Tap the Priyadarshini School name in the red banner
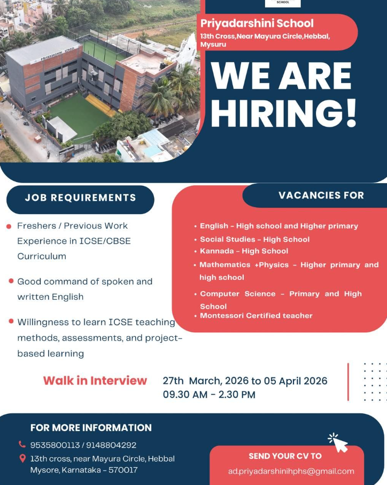(257, 24)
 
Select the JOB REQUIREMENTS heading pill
(80, 198)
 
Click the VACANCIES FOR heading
(321, 195)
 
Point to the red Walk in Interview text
(95, 381)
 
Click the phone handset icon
(22, 444)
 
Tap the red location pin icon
(22, 458)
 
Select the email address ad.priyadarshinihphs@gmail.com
(291, 471)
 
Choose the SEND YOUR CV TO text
(285, 456)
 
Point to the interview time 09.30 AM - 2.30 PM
(209, 395)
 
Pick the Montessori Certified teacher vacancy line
(256, 316)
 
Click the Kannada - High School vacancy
(244, 251)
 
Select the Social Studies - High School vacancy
(254, 239)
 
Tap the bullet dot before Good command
(11, 281)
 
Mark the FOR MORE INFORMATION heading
(91, 428)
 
